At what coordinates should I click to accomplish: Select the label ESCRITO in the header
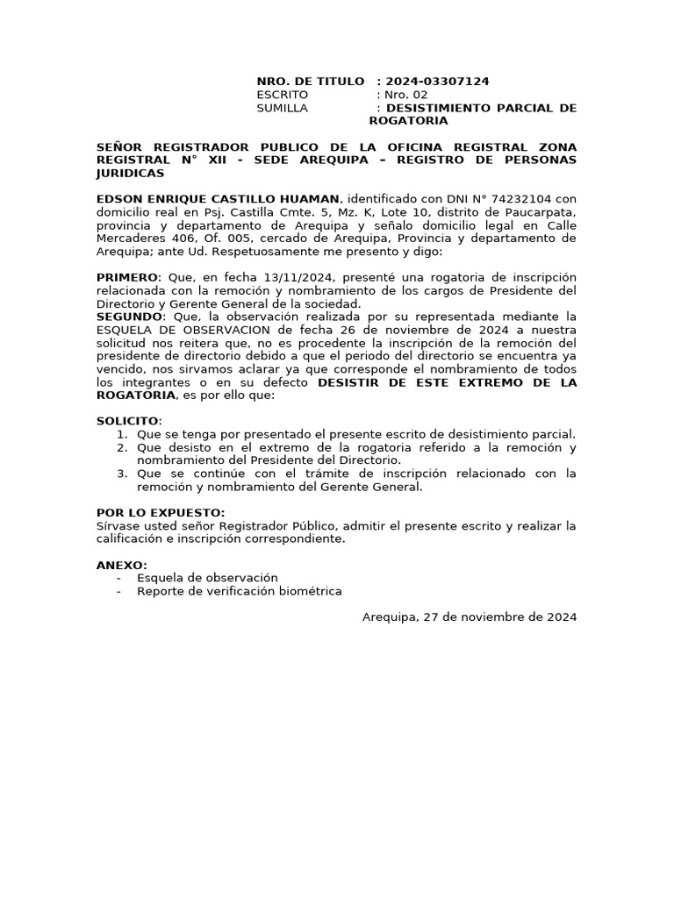tap(282, 95)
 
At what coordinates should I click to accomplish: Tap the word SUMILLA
tap(282, 108)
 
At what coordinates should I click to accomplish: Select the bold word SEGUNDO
tap(129, 317)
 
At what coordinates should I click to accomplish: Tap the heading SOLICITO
tap(128, 422)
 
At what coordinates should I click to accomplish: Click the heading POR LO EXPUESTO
tap(160, 513)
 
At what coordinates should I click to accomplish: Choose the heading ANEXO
tap(121, 566)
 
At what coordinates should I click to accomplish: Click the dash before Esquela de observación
tap(118, 579)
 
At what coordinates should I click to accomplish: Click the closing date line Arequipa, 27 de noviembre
tap(470, 617)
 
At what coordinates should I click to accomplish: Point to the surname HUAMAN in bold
tap(309, 199)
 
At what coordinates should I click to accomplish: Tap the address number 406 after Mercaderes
tap(167, 239)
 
